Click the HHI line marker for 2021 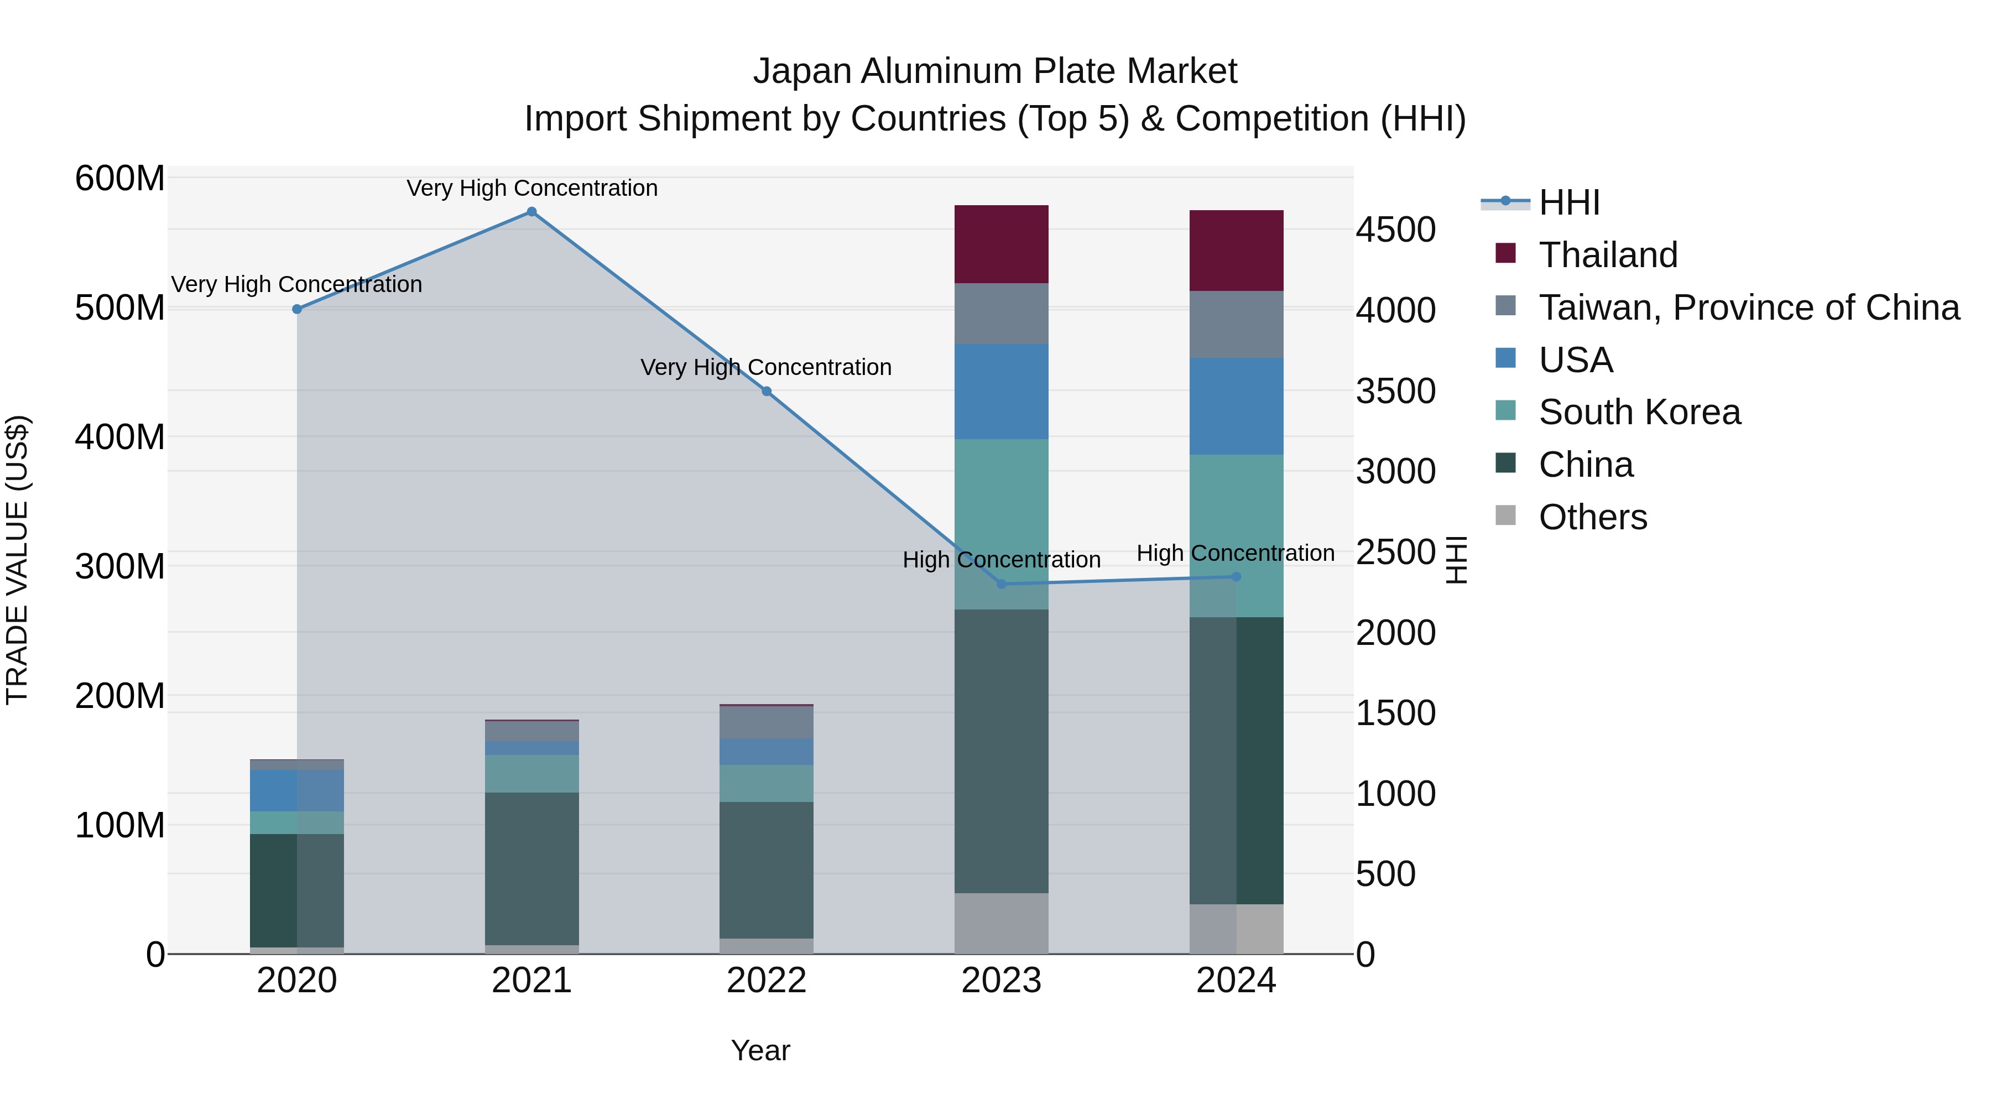pos(531,212)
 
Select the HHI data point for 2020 pos(297,309)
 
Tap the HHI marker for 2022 pos(767,391)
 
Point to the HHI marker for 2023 pos(1002,584)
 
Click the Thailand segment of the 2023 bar pos(1002,244)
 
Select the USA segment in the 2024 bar pos(1236,406)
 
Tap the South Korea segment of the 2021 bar pos(531,773)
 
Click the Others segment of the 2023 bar pos(1002,923)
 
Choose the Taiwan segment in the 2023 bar pos(1002,313)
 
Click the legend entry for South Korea pos(1639,412)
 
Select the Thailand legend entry pos(1608,255)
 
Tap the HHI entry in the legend pos(1569,202)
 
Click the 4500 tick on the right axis pos(1396,230)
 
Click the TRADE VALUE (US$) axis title pos(17,560)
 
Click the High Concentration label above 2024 pos(1235,554)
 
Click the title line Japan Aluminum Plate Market pos(995,71)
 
